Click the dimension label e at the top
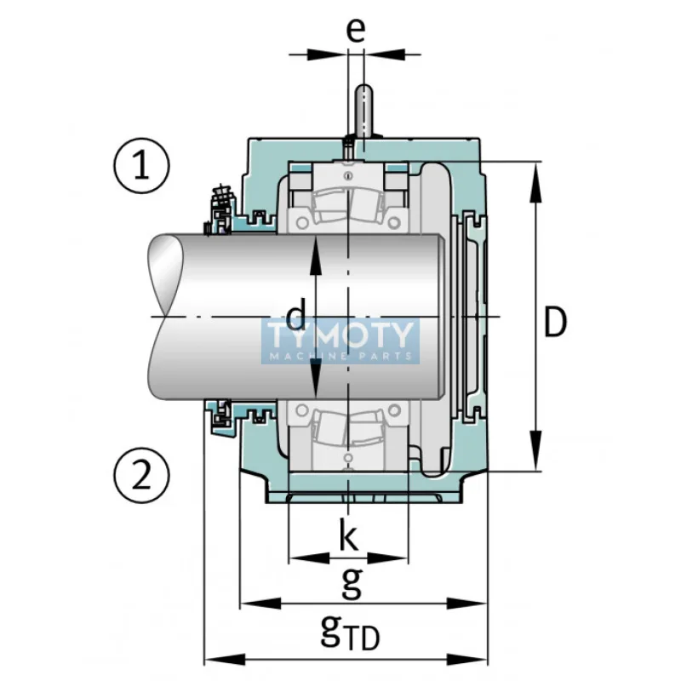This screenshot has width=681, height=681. [x=356, y=31]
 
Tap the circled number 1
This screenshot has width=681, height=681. [x=141, y=166]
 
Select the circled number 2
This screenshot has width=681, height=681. [x=141, y=475]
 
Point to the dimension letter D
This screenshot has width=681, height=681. [x=556, y=322]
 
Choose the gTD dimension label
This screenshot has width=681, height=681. [x=350, y=632]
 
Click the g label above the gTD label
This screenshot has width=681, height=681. [x=352, y=583]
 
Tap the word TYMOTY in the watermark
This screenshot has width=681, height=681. [x=340, y=335]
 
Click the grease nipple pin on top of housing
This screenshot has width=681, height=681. [x=364, y=111]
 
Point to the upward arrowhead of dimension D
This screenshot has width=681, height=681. [x=536, y=182]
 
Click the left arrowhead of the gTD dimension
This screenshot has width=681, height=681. [x=225, y=659]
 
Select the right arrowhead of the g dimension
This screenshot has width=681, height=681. [x=466, y=604]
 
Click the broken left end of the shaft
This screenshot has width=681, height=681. [x=165, y=317]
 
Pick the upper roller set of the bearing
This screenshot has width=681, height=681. [x=348, y=205]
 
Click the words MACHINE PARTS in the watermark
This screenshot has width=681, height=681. [x=340, y=357]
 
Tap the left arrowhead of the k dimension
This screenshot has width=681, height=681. [x=309, y=558]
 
